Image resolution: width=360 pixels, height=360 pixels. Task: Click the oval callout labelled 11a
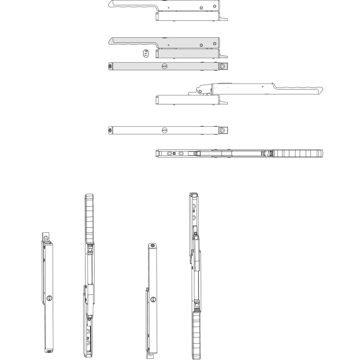[146, 53]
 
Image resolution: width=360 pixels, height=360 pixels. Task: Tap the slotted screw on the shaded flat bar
[164, 66]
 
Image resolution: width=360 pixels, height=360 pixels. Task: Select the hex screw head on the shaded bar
[110, 66]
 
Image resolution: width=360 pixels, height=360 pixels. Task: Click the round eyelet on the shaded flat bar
[222, 66]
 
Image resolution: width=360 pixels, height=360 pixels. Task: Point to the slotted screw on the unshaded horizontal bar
[164, 130]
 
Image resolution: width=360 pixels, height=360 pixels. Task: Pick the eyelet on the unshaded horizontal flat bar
[222, 130]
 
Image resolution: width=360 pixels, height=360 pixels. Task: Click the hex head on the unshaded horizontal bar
[110, 130]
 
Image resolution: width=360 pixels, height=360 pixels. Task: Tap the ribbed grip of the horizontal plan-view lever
[298, 153]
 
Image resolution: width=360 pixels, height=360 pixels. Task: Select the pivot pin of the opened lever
[200, 92]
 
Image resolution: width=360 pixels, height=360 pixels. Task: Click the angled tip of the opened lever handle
[321, 90]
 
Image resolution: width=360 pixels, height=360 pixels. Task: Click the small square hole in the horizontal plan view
[174, 153]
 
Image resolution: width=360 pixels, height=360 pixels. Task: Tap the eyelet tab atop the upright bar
[45, 237]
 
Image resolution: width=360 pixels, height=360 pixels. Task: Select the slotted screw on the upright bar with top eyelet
[49, 298]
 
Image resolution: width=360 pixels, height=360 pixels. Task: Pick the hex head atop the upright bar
[152, 246]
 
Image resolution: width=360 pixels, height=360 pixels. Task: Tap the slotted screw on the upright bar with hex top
[153, 299]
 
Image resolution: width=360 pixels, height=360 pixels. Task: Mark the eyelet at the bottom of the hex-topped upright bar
[150, 354]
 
